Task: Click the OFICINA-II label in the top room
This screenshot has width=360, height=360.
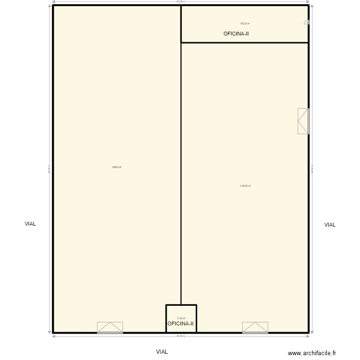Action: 236,34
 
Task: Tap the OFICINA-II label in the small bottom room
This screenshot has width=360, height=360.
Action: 180,324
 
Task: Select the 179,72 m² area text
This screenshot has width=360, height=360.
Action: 244,24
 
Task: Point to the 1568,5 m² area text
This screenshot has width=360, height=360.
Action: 116,167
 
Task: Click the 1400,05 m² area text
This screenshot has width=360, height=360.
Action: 245,186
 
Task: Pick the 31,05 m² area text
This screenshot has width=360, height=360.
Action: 181,318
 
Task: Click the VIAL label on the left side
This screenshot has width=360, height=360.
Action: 30,224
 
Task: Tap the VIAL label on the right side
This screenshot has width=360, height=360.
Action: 330,225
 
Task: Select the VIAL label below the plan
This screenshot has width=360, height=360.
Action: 162,351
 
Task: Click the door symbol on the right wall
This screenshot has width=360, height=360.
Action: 303,121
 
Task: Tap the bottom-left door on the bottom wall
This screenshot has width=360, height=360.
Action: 110,327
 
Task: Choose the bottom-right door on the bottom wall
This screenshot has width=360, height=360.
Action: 255,327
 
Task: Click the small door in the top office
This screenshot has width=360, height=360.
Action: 306,22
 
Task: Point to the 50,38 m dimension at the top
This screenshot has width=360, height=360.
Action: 180,2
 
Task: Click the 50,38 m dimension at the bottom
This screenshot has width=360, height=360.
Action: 180,336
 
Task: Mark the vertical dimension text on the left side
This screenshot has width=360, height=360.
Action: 49,169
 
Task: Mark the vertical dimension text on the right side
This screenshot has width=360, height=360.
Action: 312,169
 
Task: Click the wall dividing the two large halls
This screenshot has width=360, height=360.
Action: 181,173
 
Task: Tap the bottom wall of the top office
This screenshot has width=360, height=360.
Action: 244,43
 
